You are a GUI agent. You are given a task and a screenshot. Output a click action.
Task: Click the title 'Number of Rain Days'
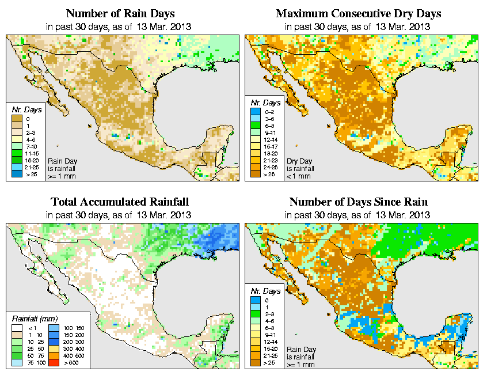pos(120,13)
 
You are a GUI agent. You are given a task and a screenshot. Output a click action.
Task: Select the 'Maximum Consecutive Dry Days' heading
pos(359,13)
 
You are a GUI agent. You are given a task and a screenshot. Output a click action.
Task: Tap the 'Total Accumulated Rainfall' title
pos(120,202)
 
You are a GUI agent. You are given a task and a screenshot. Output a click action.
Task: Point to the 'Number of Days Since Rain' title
pos(359,202)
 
